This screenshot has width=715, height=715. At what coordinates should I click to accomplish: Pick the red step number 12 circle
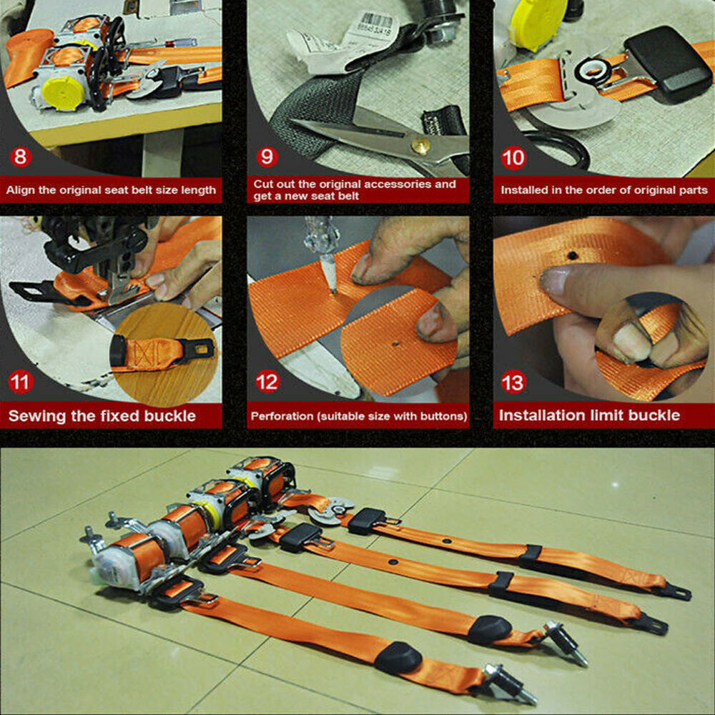[x=267, y=383]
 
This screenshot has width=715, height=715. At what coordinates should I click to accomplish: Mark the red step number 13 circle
[x=513, y=383]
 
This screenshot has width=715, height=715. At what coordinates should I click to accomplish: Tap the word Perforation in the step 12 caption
[x=281, y=416]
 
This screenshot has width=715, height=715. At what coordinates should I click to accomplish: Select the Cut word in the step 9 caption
[x=262, y=184]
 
